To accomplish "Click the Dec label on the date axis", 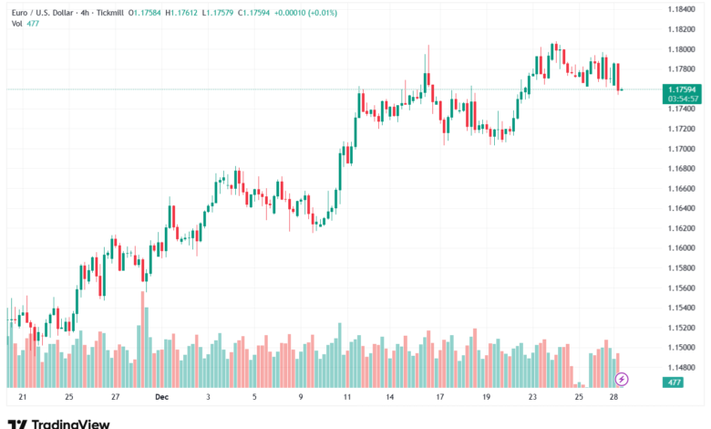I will pos(161,398).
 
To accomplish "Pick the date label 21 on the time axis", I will pos(22,398).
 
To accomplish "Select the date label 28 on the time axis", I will pos(615,398).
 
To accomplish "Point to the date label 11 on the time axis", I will pos(347,398).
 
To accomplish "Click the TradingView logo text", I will pos(71,424).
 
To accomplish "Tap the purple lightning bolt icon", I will pos(622,378).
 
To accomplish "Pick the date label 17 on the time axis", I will pos(440,398).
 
